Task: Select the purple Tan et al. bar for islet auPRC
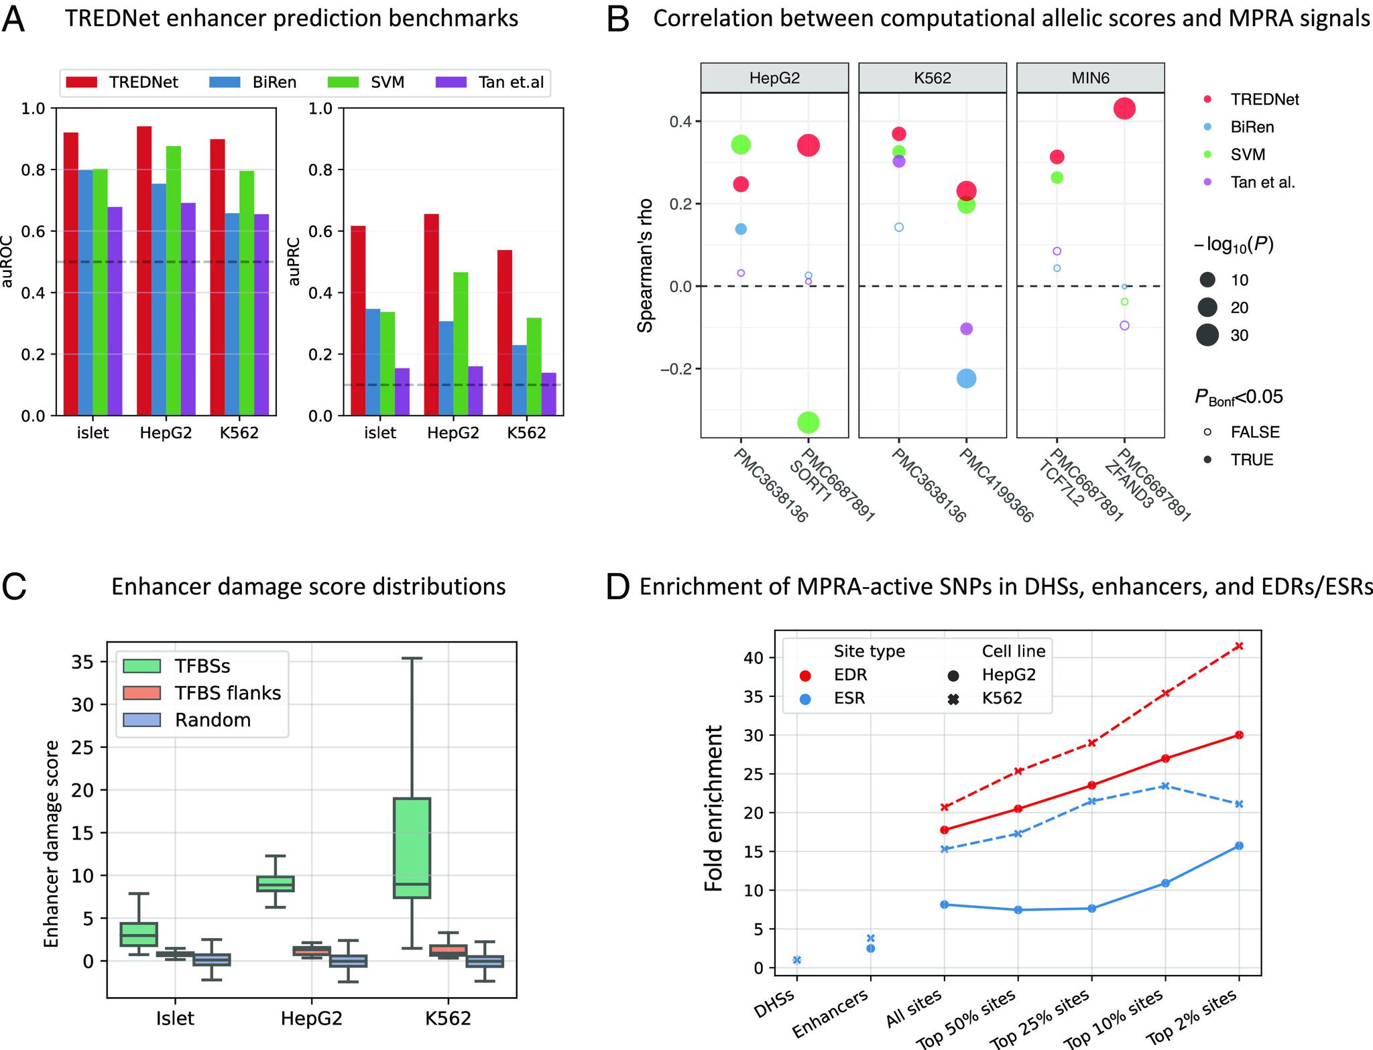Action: (x=402, y=392)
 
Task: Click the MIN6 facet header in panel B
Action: (x=1090, y=78)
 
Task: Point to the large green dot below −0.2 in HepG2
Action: (x=809, y=422)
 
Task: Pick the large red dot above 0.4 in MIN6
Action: (x=1124, y=109)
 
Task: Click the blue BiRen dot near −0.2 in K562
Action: (x=966, y=379)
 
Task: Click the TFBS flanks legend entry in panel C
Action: (x=228, y=693)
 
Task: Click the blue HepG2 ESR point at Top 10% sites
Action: (x=1165, y=883)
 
